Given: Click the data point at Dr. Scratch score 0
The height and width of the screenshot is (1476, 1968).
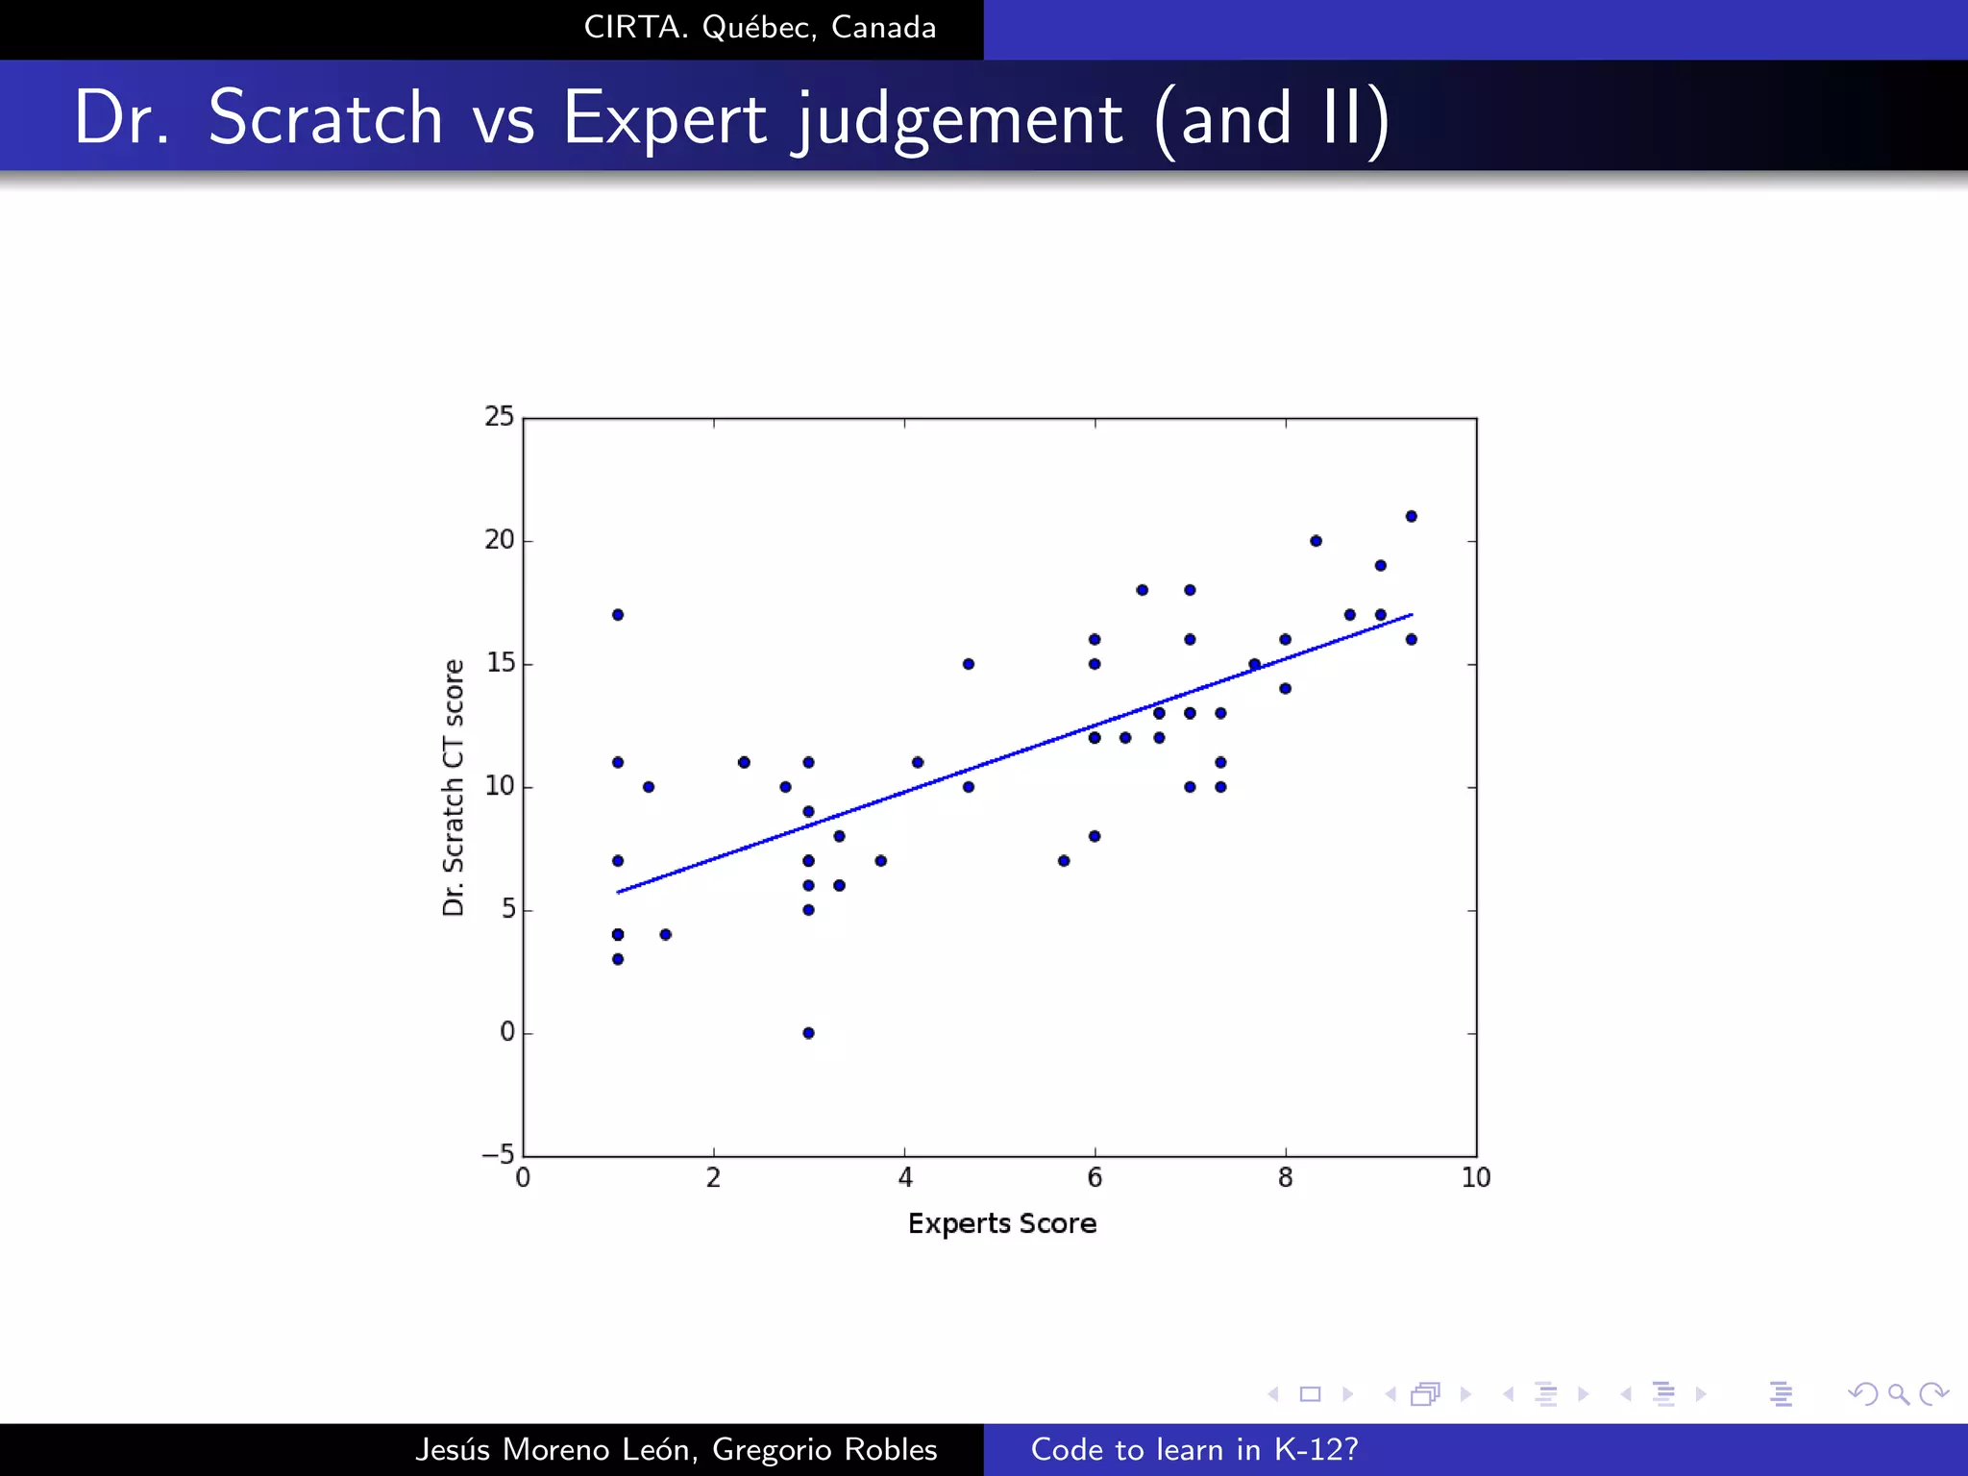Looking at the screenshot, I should tap(808, 1033).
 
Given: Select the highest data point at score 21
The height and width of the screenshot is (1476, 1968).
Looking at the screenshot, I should tap(1411, 516).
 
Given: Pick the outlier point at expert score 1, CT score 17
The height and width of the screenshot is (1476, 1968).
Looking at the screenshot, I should tap(618, 615).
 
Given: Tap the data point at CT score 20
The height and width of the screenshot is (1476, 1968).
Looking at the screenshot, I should tap(1316, 541).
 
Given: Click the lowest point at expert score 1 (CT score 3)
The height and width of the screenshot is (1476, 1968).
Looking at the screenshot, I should tap(618, 959).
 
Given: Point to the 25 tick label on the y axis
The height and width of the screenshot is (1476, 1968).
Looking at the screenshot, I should tap(499, 416).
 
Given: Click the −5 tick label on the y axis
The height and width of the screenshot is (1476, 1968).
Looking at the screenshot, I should tap(498, 1154).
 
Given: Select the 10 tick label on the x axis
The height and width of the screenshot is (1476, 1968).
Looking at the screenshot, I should tap(1475, 1178).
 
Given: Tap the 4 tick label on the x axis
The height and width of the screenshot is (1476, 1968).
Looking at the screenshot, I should tap(904, 1178).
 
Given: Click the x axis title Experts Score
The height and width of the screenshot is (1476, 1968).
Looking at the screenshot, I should tap(1001, 1223).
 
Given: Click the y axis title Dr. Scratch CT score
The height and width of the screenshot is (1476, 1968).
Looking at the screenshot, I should tap(454, 787).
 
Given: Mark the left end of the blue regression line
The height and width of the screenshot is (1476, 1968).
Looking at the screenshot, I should tap(619, 892).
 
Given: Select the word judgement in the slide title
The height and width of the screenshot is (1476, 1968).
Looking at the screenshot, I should tap(956, 119).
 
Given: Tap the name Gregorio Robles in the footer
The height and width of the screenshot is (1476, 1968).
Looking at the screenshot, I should tap(824, 1449).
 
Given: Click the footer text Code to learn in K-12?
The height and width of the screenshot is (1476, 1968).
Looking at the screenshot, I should tap(1193, 1449).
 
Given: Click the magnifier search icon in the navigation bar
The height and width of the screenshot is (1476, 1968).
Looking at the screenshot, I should tap(1898, 1393).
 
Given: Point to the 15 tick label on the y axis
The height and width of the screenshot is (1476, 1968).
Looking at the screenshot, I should tap(500, 663).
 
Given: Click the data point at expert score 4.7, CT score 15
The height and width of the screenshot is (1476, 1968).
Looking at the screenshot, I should tap(968, 664).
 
